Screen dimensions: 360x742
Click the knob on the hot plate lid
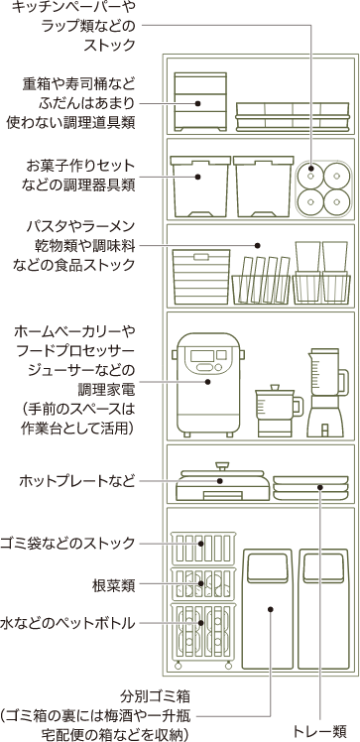[220, 465]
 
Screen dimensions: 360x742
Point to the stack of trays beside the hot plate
[310, 487]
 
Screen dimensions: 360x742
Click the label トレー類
[320, 731]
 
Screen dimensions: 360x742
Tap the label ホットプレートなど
[77, 482]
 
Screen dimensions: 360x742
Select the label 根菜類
[113, 585]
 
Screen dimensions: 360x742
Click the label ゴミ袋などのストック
[68, 543]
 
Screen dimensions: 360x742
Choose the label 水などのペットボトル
[68, 623]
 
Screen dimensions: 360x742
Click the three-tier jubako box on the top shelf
[200, 102]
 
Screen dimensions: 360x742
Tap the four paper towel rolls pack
[324, 188]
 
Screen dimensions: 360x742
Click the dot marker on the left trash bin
[270, 609]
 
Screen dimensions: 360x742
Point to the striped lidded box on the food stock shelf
[201, 277]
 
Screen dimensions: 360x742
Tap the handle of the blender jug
[344, 382]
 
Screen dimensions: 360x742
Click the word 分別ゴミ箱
[155, 696]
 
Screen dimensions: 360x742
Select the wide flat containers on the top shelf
[293, 116]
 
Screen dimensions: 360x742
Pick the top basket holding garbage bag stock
[203, 548]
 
